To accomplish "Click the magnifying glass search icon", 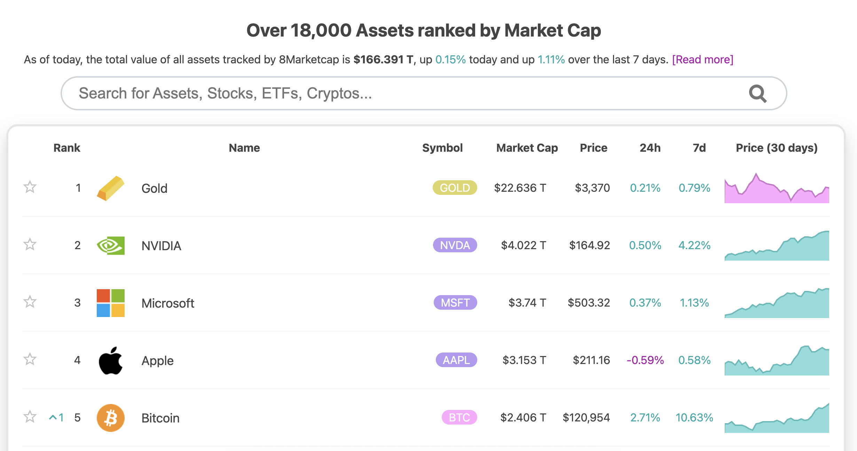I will [757, 94].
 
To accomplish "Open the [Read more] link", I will [702, 60].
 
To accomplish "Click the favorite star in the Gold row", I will [30, 187].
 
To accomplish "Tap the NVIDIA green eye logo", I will [110, 245].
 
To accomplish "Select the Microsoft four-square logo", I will [110, 303].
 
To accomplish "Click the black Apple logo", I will [110, 361].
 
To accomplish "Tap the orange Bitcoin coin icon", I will [110, 418].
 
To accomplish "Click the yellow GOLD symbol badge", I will [455, 188].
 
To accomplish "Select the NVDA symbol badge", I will [455, 245].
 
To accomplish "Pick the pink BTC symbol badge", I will [459, 418].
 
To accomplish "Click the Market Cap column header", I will [527, 148].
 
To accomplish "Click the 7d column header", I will [699, 148].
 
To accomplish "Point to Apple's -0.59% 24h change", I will [645, 360].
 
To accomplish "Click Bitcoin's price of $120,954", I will [586, 418].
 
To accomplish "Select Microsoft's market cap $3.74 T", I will [527, 303].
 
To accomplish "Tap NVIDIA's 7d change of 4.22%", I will [694, 245].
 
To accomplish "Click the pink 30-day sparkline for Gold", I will [777, 190].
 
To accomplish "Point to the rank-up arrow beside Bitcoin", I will [53, 417].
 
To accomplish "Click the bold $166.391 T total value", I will [383, 60].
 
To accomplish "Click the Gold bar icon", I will [110, 188].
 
